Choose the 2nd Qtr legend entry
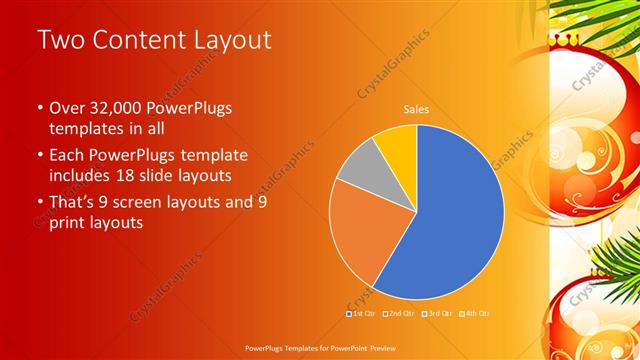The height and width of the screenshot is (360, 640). point(397,313)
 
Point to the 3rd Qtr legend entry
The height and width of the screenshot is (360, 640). point(435,313)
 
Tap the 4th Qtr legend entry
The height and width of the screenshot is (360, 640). point(473,313)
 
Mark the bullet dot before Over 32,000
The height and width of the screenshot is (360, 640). point(39,108)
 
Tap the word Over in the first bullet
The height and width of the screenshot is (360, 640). point(67,107)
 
